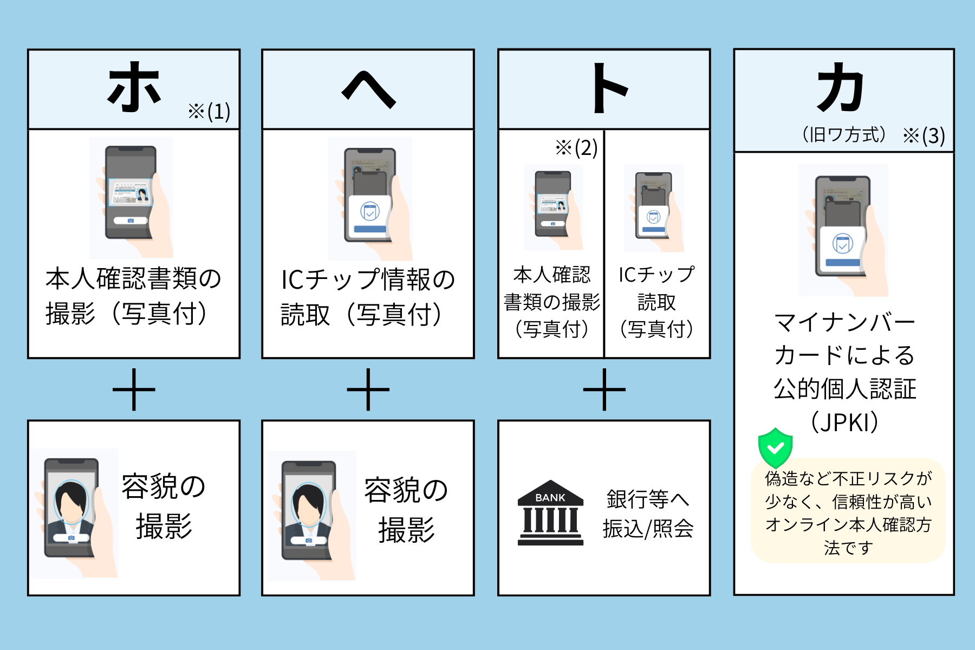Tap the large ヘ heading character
(368, 90)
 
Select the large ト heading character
(609, 88)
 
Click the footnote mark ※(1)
(209, 112)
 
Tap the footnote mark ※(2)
(576, 147)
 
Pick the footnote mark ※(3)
(924, 135)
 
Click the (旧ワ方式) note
(843, 134)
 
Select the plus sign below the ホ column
(134, 389)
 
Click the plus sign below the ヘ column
(368, 389)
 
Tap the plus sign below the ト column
(604, 389)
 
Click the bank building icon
(550, 512)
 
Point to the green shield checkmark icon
(776, 447)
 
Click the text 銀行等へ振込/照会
(648, 513)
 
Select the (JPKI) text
(844, 422)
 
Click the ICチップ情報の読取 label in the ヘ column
(368, 297)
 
